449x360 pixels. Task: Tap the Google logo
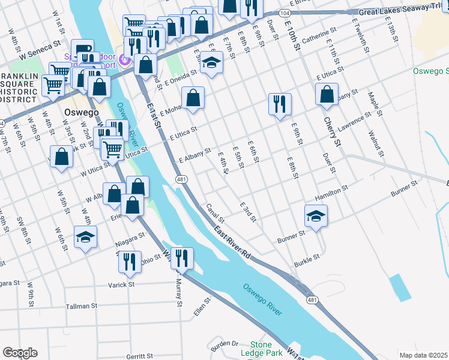(x=20, y=353)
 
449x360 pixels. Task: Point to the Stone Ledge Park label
(x=265, y=349)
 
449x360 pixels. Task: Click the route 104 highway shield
(x=284, y=12)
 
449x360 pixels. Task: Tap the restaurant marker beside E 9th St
(x=280, y=104)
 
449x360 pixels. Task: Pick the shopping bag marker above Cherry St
(x=327, y=94)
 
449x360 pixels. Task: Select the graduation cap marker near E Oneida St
(x=211, y=62)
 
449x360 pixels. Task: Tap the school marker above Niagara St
(x=86, y=237)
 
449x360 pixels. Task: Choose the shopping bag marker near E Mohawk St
(x=193, y=98)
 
